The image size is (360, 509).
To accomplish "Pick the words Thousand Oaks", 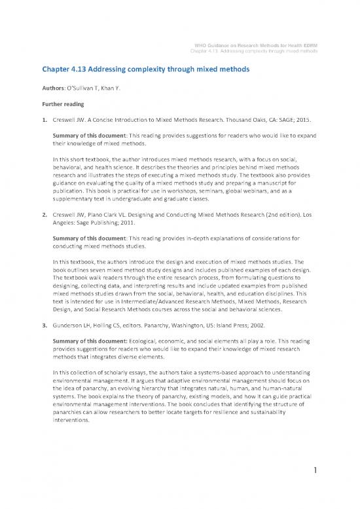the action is tap(252, 121).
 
